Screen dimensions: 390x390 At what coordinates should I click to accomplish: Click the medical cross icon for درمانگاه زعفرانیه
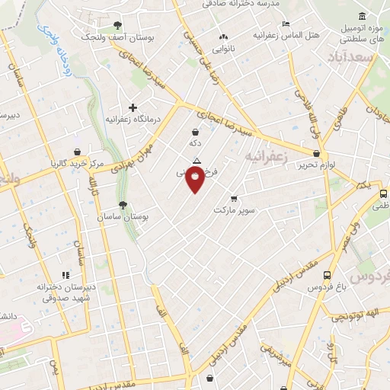[133, 108]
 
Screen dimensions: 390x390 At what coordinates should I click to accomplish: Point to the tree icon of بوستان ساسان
[123, 204]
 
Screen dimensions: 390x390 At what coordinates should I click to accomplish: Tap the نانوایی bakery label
[223, 47]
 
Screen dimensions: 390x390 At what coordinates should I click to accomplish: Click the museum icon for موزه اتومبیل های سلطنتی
[361, 16]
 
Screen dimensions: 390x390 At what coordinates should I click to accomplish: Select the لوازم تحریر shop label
[316, 165]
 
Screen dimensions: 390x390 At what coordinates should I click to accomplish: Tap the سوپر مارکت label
[233, 209]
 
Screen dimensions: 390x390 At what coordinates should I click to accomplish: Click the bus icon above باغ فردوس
[327, 275]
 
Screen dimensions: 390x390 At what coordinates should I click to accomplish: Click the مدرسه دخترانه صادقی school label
[241, 4]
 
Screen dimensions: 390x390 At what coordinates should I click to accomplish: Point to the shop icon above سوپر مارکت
[233, 197]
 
